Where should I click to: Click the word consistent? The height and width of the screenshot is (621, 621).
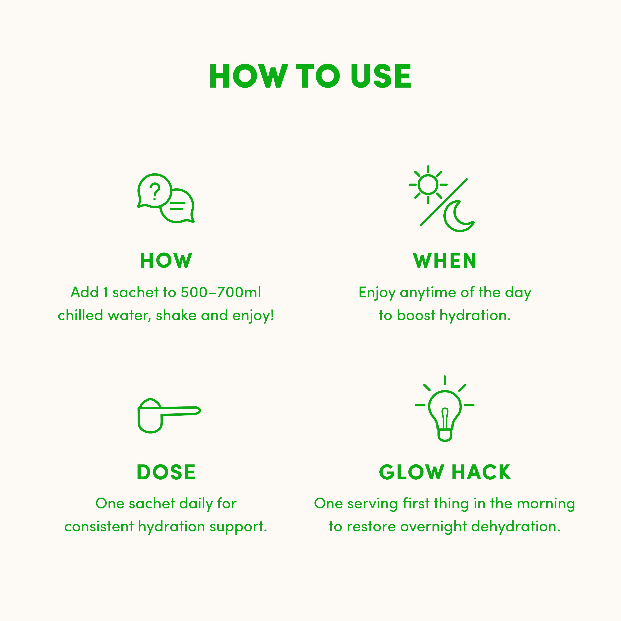pos(99,527)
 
